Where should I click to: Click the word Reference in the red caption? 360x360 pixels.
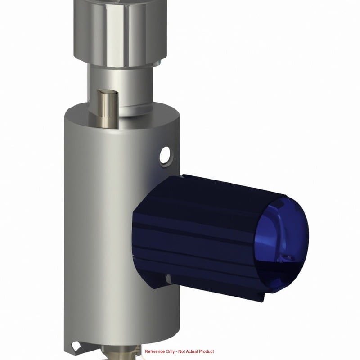tap(155, 351)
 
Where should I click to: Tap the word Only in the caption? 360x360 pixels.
tap(170, 351)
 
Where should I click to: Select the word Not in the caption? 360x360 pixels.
tap(181, 351)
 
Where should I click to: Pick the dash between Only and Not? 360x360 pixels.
tap(176, 352)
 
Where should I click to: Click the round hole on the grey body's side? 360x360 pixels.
tap(165, 156)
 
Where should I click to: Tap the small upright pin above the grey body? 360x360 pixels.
tap(107, 108)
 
